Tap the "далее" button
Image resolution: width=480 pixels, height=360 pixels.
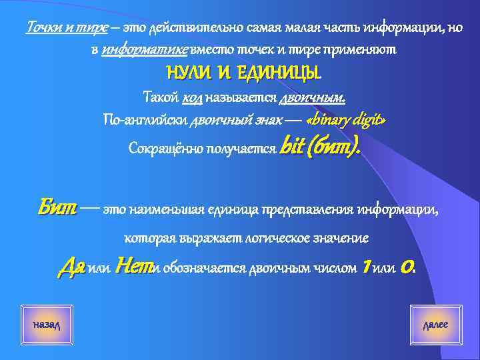coord(435,324)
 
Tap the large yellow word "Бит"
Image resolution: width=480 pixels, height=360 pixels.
coord(58,210)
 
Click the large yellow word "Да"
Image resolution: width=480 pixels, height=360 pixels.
coord(71,267)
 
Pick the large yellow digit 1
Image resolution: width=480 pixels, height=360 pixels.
coord(365,267)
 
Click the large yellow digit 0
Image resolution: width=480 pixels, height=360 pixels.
coord(409,267)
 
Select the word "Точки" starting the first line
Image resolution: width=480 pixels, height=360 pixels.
coord(42,28)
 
